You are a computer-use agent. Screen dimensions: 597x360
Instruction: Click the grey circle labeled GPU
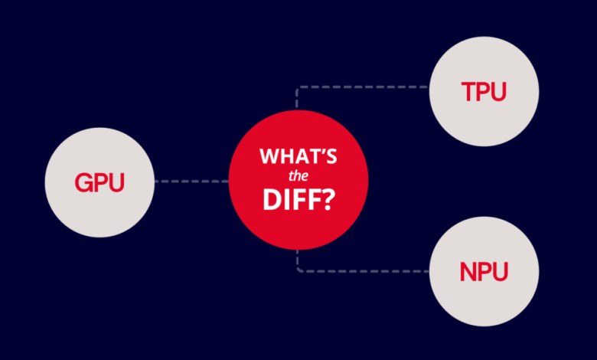pos(99,182)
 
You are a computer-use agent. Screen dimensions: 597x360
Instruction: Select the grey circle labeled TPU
pos(484,91)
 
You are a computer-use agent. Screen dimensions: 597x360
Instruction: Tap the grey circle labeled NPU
pos(484,271)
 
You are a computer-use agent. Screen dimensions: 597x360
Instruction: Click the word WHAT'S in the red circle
pos(298,155)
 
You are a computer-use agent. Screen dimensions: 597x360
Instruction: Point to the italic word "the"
pos(298,176)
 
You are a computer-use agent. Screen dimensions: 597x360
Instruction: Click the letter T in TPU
pos(469,91)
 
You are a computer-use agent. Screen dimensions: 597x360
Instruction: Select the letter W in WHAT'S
pos(269,156)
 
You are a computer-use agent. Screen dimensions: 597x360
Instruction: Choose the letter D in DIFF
pos(272,199)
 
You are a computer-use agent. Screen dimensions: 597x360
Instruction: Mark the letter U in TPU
pos(499,92)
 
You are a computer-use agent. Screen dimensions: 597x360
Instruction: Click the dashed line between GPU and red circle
pos(191,182)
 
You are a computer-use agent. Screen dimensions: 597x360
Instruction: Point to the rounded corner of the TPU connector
pos(298,88)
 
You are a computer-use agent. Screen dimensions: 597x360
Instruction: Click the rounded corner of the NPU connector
pos(298,270)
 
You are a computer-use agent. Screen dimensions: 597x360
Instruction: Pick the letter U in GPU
pos(116,183)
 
